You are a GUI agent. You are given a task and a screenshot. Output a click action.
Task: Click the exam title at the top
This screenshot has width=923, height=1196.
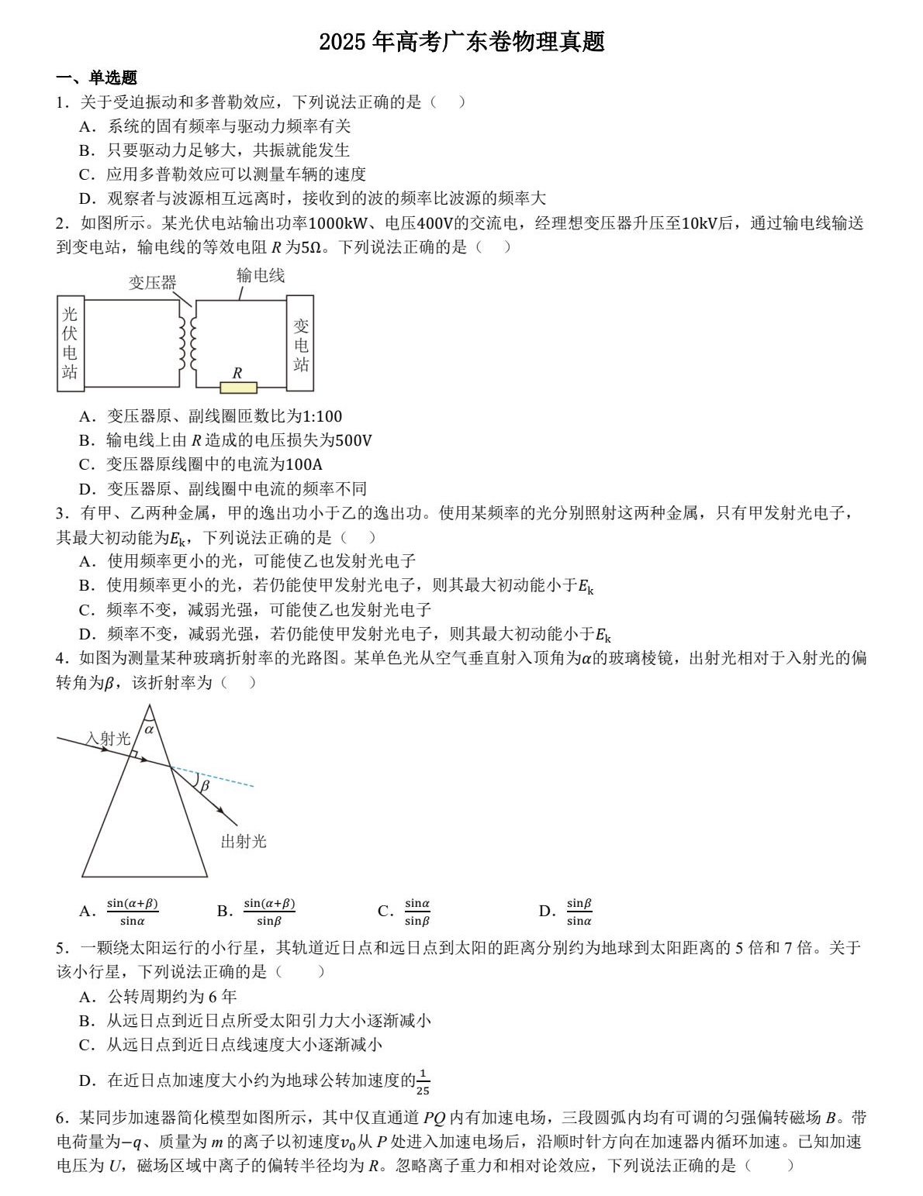pyautogui.click(x=461, y=42)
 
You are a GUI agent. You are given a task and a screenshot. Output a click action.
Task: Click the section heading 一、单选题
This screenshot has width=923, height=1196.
pyautogui.click(x=97, y=78)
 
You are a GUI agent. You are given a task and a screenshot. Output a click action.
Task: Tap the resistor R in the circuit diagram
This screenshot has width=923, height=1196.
pyautogui.click(x=238, y=386)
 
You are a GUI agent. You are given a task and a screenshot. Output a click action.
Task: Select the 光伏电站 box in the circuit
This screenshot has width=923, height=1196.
pyautogui.click(x=71, y=342)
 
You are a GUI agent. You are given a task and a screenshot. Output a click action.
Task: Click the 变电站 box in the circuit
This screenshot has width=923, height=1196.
pyautogui.click(x=300, y=344)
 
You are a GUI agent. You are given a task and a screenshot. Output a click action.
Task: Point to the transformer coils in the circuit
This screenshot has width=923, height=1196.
pyautogui.click(x=187, y=343)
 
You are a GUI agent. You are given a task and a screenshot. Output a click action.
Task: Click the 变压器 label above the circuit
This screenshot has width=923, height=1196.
pyautogui.click(x=152, y=283)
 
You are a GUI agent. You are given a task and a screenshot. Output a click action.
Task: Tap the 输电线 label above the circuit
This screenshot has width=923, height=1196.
pyautogui.click(x=260, y=275)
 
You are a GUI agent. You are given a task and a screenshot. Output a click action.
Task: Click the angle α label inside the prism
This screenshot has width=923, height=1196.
pyautogui.click(x=149, y=729)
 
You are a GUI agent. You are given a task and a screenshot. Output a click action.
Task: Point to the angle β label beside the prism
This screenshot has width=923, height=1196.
pyautogui.click(x=205, y=785)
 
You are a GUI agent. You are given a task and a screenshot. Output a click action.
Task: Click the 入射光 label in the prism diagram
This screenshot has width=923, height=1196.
pyautogui.click(x=108, y=739)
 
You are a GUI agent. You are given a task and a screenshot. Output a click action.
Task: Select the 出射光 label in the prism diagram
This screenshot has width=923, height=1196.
pyautogui.click(x=244, y=842)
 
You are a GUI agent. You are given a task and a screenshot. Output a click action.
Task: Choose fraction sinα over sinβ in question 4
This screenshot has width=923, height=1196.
pyautogui.click(x=417, y=912)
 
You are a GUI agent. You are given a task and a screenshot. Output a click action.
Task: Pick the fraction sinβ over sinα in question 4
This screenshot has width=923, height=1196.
pyautogui.click(x=579, y=912)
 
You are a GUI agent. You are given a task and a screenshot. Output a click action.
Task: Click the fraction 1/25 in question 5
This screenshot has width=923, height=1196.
pyautogui.click(x=423, y=1081)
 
